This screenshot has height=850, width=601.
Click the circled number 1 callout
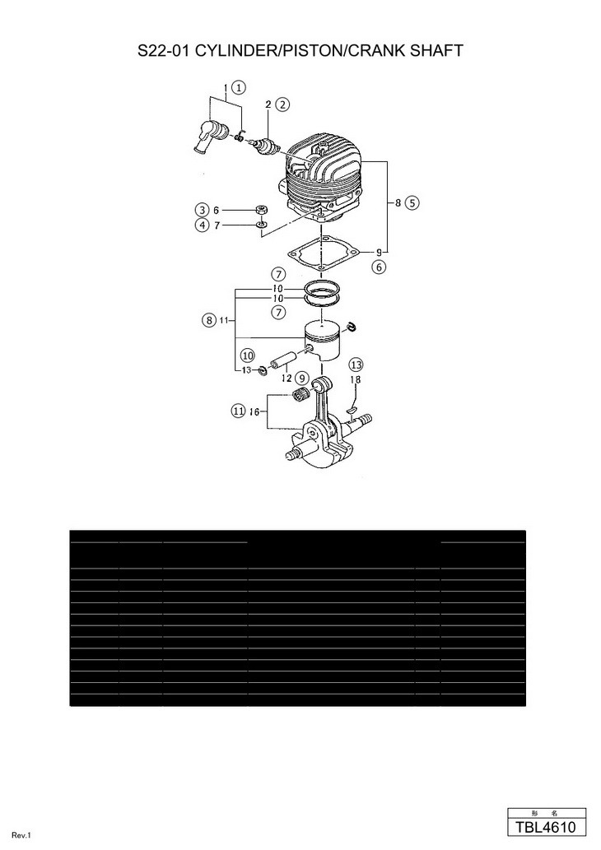[239, 86]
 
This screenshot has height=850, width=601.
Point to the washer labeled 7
[260, 224]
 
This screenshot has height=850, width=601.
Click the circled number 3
[202, 209]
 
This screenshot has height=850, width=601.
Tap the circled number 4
[202, 225]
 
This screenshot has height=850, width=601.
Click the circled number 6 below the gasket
[379, 267]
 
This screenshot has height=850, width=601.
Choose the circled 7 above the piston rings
[279, 273]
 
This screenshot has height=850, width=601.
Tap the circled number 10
[247, 355]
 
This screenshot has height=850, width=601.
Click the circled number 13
[356, 365]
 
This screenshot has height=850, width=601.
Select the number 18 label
[356, 379]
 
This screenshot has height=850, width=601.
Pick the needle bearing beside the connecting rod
[302, 397]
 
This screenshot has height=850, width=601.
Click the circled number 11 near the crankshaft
[238, 409]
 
